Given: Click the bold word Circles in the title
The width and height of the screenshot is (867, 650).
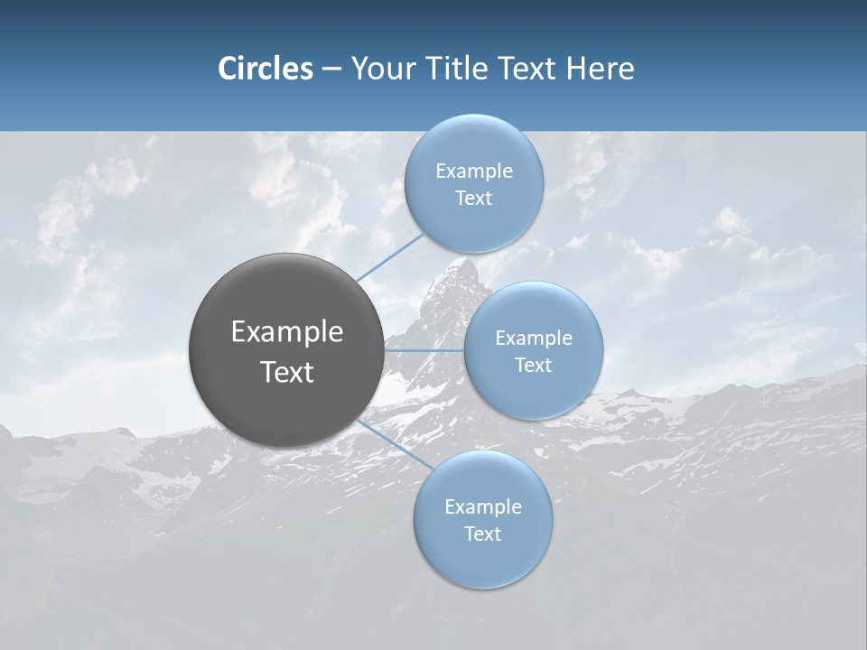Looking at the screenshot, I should [265, 69].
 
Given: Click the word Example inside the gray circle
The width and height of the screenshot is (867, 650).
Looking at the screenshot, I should [287, 332].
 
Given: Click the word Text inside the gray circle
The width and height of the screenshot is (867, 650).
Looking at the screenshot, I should [287, 372].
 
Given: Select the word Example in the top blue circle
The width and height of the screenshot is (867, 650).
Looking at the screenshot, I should [474, 172].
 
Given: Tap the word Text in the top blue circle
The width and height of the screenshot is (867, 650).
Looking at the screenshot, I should [474, 199].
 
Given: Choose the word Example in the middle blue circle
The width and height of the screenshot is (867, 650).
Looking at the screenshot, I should [534, 339].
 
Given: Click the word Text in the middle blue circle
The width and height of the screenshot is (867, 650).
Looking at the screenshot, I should [534, 366].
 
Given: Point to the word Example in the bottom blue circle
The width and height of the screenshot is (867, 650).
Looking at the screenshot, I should [483, 507].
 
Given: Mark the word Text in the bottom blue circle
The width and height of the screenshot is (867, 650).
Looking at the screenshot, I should [483, 534].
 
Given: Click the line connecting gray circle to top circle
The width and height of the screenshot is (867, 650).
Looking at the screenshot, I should [390, 255].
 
